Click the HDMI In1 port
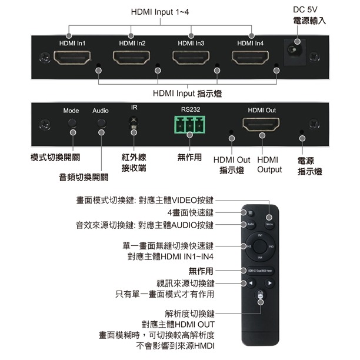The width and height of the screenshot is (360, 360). click(x=72, y=58)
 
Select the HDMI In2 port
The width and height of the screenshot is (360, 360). click(x=132, y=58)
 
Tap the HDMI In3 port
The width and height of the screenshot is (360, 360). click(x=191, y=58)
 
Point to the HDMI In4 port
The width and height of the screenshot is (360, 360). click(x=251, y=58)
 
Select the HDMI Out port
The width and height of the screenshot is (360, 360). click(x=261, y=126)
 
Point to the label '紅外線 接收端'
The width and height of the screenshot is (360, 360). click(x=134, y=163)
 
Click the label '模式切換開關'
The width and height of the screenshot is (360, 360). click(x=55, y=158)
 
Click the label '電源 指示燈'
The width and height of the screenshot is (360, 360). click(x=309, y=165)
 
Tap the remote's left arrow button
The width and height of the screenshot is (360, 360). click(x=249, y=283)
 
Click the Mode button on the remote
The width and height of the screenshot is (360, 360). click(x=269, y=224)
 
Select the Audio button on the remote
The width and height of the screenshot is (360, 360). click(x=249, y=224)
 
